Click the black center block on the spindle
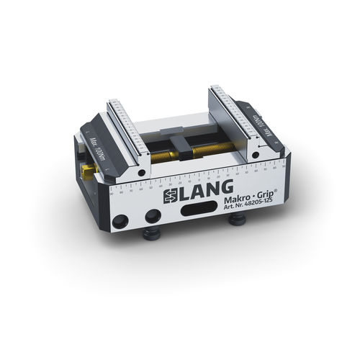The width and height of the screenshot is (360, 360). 184,150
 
